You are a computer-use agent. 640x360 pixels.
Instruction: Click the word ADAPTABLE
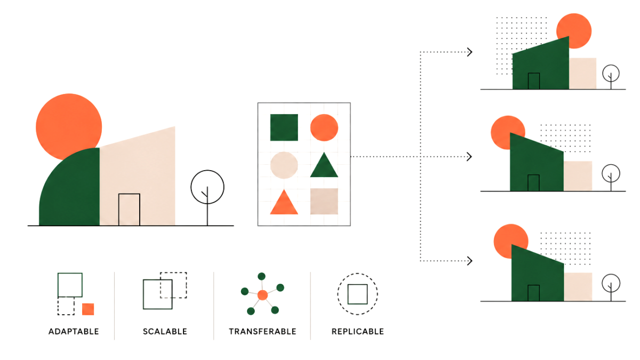74,331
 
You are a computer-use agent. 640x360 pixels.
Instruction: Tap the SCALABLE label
165,331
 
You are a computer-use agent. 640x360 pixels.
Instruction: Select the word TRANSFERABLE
262,331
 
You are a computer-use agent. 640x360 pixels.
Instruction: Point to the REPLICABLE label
358,331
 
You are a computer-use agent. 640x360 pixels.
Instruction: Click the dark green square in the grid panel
284,127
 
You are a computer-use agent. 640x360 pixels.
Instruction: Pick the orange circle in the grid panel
324,127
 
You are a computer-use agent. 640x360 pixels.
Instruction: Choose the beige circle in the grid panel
284,165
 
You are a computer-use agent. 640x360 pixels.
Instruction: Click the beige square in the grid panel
324,201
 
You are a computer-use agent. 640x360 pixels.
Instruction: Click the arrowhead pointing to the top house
469,52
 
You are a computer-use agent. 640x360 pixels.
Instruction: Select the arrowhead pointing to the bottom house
469,261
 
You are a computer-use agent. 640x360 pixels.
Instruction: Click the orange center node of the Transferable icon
262,295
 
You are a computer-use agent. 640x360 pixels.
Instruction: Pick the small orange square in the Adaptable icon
88,309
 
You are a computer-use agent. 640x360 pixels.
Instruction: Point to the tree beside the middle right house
611,177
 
